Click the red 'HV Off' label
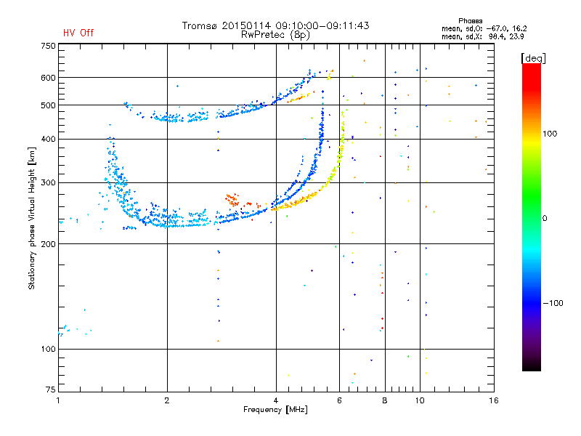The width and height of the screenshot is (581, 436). click(x=78, y=33)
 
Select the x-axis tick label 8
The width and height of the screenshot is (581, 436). click(x=385, y=400)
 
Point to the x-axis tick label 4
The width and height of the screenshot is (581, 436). click(x=276, y=400)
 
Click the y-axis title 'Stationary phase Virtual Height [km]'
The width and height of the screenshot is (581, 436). click(x=32, y=219)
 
